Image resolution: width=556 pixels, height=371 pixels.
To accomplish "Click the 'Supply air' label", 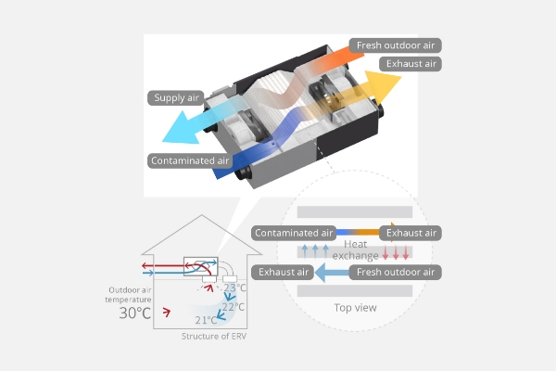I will pos(176,96).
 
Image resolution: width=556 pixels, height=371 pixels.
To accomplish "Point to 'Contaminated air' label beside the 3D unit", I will pos(189,160).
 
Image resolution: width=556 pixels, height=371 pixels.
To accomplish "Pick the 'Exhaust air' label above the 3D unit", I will pos(410,64).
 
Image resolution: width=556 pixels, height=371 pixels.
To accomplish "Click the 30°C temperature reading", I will pos(135,313).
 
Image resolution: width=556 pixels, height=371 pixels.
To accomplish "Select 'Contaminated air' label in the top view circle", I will pos(293,233).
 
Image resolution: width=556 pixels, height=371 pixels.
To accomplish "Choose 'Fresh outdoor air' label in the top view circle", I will pos(395,272).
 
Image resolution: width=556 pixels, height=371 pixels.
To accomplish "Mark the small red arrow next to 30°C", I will pos(167,311).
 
